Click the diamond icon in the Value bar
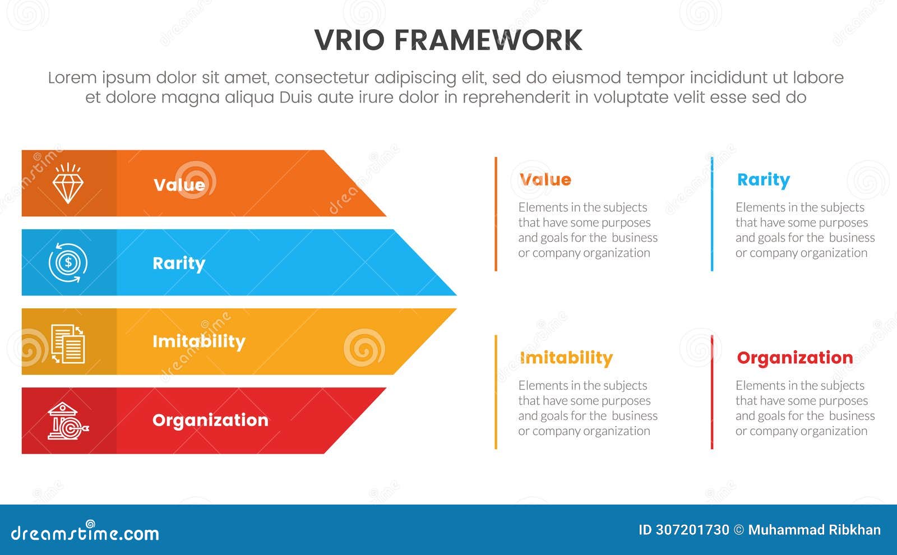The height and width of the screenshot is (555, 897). click(68, 183)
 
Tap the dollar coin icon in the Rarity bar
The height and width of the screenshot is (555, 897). click(68, 262)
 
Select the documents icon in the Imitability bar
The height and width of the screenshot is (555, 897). click(68, 343)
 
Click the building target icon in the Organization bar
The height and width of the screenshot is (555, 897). click(67, 421)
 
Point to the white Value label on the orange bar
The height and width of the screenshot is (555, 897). click(179, 185)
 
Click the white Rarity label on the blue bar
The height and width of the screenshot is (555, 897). click(179, 263)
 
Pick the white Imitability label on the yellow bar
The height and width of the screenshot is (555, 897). click(198, 341)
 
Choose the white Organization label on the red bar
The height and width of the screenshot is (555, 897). click(210, 420)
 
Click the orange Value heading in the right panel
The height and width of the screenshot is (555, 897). click(545, 179)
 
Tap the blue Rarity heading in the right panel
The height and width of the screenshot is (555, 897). click(763, 179)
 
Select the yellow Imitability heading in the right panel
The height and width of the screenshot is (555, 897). click(566, 358)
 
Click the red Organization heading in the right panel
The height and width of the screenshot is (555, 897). click(794, 358)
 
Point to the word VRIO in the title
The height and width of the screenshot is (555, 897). click(349, 40)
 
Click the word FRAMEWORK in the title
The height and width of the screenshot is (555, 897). click(488, 40)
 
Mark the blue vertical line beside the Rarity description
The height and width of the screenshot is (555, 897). click(712, 214)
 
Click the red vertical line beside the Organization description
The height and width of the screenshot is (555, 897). click(712, 392)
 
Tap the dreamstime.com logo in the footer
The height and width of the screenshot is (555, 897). click(85, 532)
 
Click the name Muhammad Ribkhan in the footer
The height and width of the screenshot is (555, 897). click(814, 530)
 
